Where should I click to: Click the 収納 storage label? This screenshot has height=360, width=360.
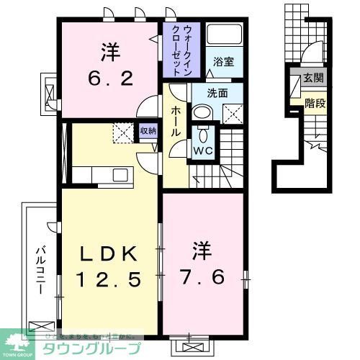tap(148, 130)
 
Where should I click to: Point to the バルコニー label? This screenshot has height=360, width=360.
tap(41, 267)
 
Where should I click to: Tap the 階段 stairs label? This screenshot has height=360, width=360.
tap(314, 103)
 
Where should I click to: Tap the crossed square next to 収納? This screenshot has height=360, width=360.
tap(123, 132)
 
